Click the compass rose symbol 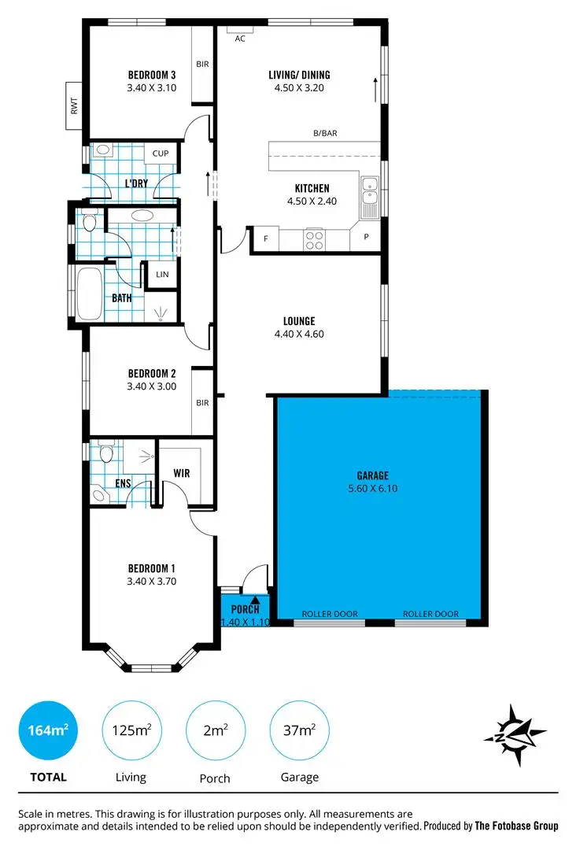[x=515, y=733]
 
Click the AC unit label [x=240, y=38]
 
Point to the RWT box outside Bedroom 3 [x=75, y=106]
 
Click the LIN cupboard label [x=162, y=275]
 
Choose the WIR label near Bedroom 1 [x=182, y=474]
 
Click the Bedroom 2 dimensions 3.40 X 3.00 [x=151, y=386]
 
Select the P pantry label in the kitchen [x=366, y=236]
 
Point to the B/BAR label [x=325, y=134]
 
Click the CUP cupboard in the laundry [x=161, y=153]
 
